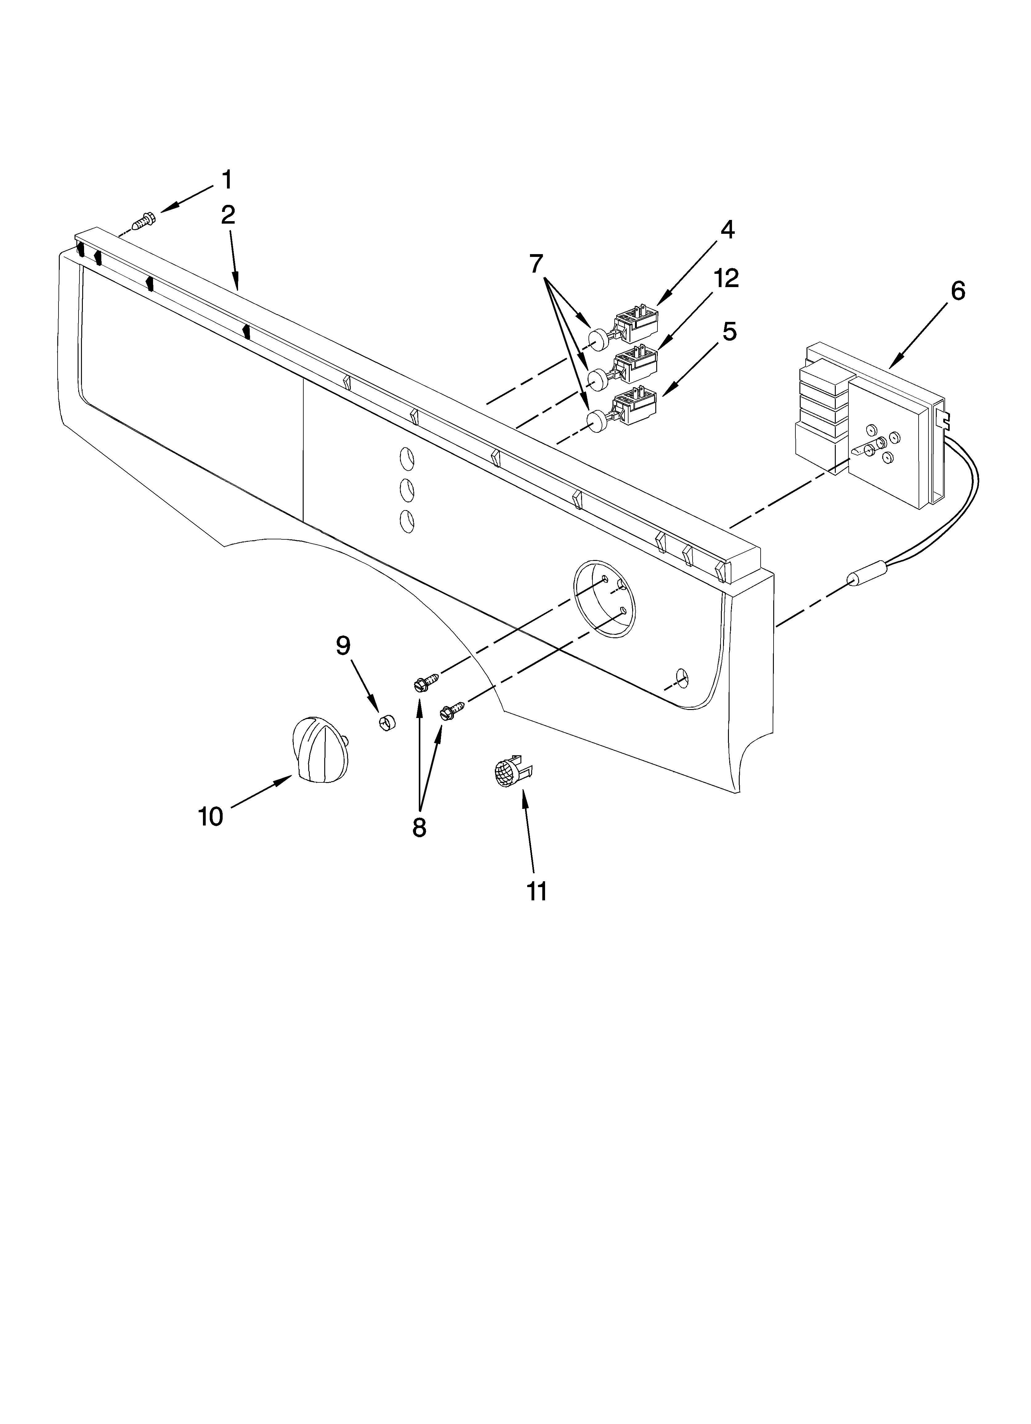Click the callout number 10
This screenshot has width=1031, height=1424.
210,817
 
